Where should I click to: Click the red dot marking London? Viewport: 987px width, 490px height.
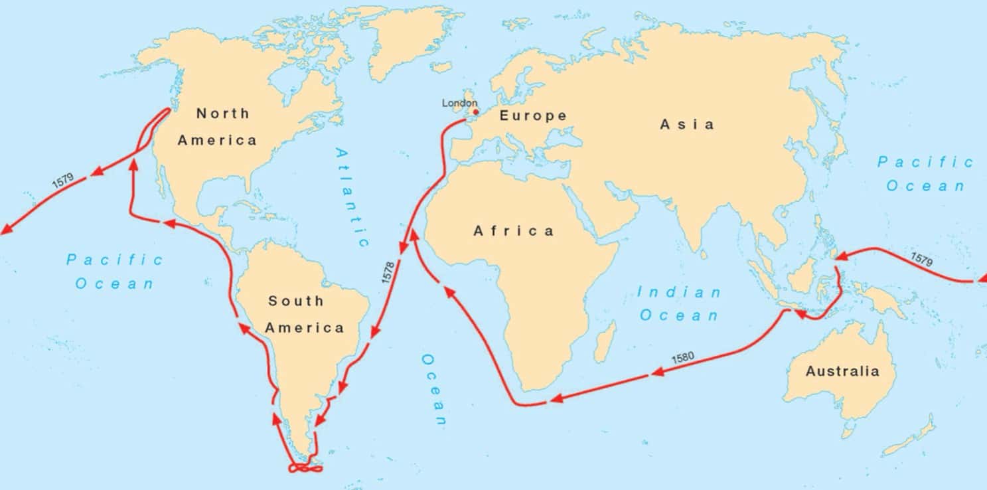click(475, 112)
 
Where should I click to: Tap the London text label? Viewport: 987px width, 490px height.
click(459, 103)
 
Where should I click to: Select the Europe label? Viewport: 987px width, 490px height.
click(533, 116)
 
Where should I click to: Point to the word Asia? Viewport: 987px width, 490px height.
click(687, 124)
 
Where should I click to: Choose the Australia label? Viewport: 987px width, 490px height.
click(842, 371)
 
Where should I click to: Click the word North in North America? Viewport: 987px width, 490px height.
click(223, 114)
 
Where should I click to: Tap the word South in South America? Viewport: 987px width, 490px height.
click(295, 301)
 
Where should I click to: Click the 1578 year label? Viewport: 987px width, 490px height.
click(388, 272)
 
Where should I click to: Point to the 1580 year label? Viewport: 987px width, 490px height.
click(682, 358)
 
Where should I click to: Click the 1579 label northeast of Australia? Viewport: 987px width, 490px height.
click(921, 259)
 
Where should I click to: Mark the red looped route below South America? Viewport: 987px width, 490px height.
click(305, 468)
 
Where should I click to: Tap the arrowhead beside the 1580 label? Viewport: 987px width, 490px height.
click(657, 372)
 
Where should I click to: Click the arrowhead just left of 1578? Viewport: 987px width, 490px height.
click(402, 248)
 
